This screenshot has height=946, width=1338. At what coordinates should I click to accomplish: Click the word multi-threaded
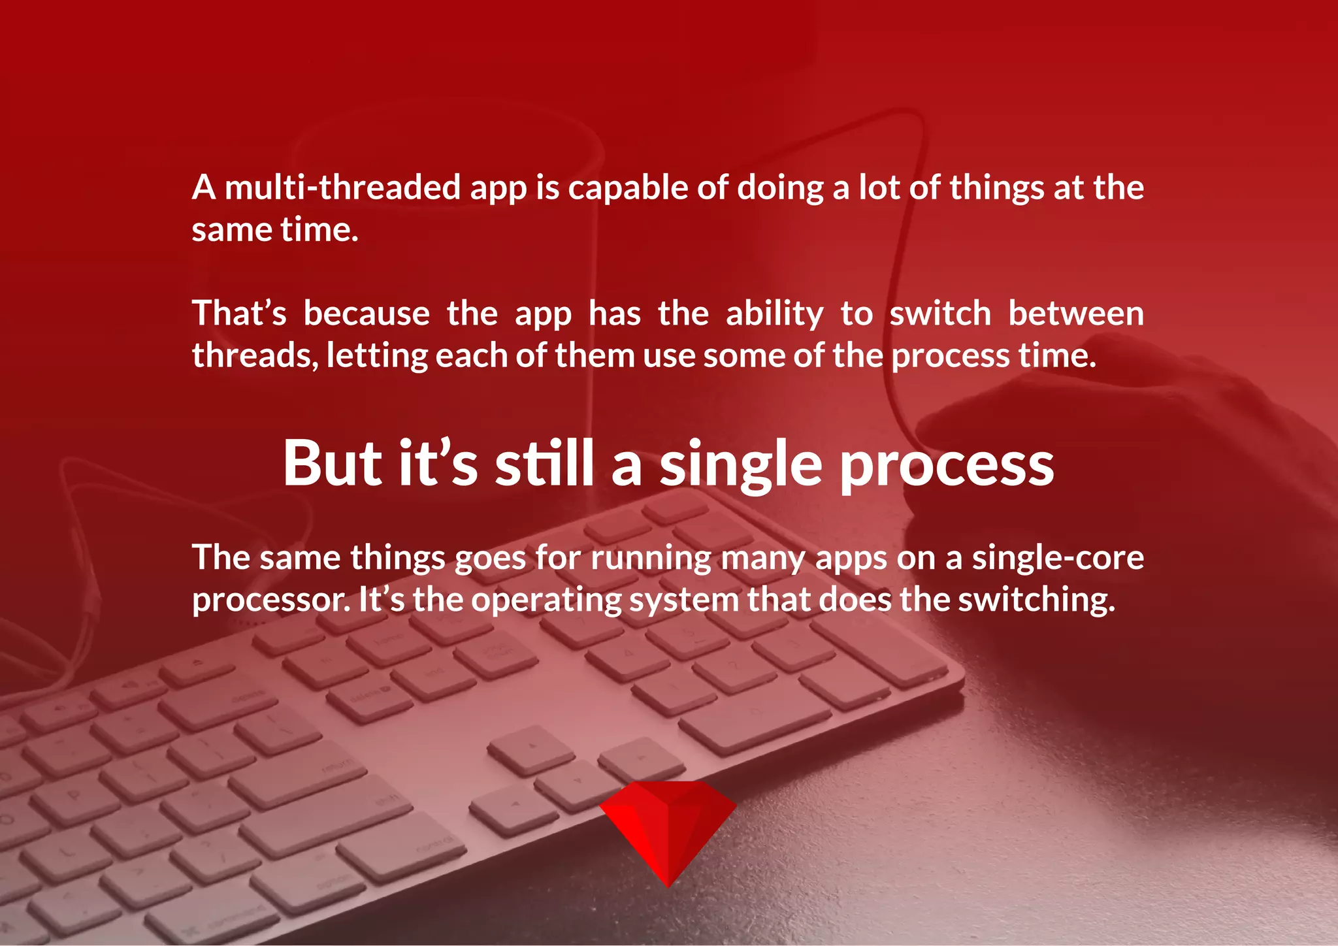[x=343, y=188]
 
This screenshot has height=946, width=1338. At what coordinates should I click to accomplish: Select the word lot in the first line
[x=879, y=188]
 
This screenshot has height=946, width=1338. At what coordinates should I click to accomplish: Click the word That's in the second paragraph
[x=238, y=314]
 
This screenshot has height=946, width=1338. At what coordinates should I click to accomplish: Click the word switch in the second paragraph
[x=939, y=314]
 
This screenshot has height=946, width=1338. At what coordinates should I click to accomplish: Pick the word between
[x=1075, y=314]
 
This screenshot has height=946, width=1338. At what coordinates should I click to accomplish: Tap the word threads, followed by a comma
[x=255, y=356]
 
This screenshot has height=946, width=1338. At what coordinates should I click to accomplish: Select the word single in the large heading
[x=740, y=465]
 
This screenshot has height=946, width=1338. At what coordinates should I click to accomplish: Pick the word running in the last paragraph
[x=651, y=559]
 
